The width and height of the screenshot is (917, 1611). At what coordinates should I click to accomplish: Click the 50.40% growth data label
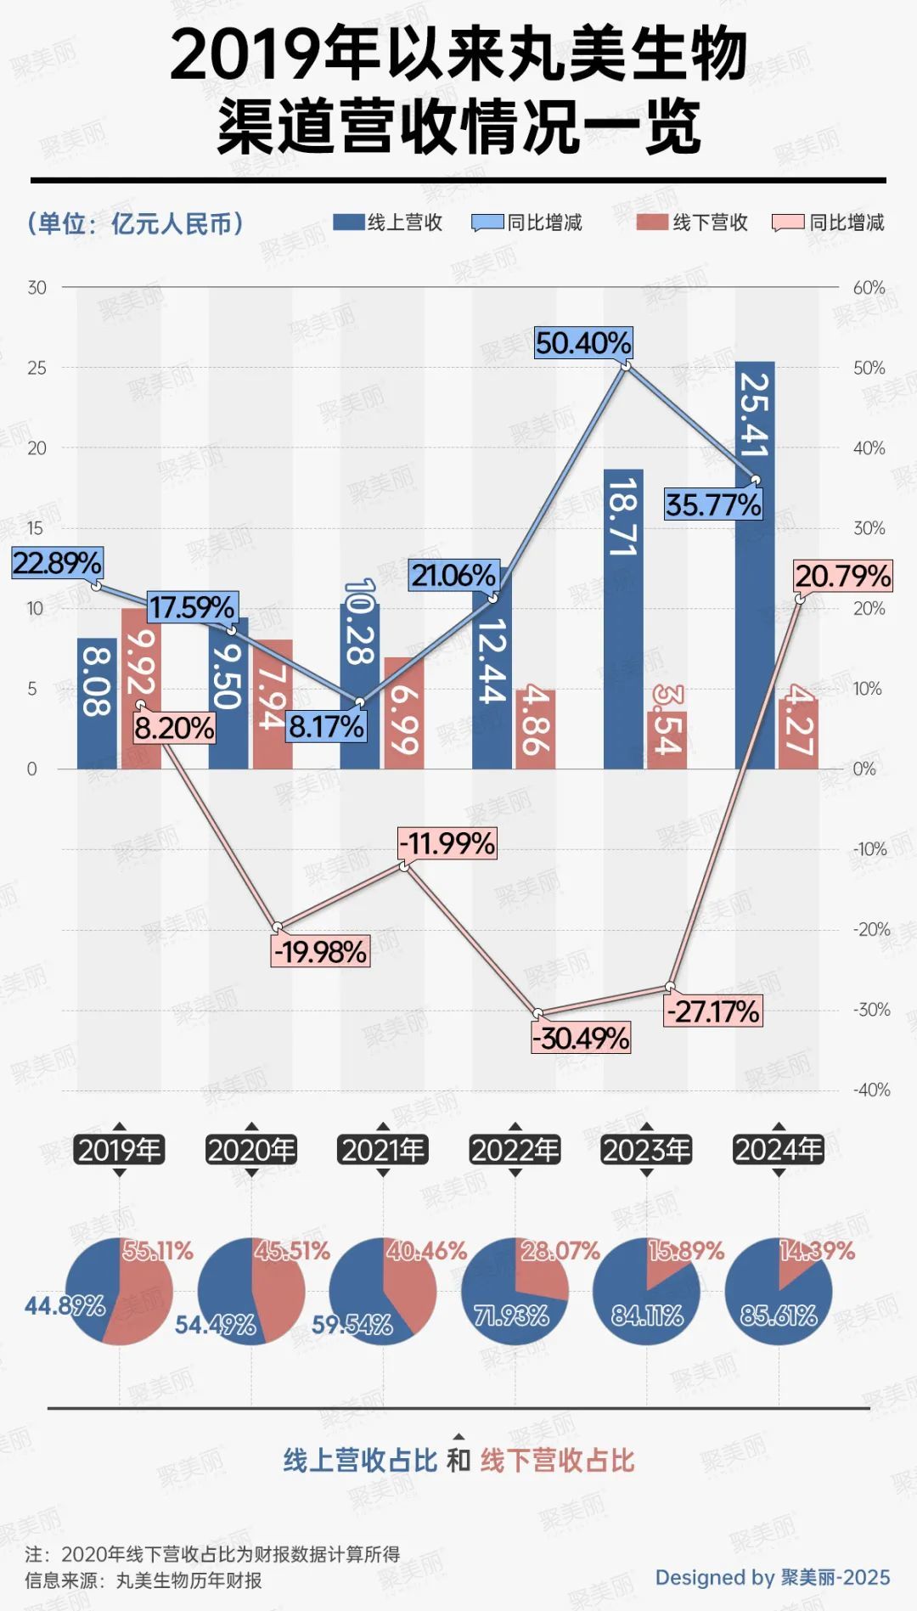(x=583, y=343)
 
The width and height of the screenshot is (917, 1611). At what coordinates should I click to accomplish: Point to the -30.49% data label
(x=582, y=1038)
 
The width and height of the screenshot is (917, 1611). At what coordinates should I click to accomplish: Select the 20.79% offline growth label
(x=843, y=577)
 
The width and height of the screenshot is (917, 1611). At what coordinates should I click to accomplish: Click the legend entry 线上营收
(x=389, y=222)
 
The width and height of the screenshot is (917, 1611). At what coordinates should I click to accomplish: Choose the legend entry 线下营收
(x=693, y=222)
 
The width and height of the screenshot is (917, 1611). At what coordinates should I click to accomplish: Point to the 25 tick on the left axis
(x=37, y=368)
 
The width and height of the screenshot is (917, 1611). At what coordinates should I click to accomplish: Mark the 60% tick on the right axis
(x=869, y=288)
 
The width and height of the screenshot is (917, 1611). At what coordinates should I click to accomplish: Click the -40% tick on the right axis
(x=871, y=1090)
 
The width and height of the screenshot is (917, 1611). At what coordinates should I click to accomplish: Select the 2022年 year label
(x=515, y=1150)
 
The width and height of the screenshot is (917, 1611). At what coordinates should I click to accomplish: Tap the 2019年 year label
(x=119, y=1150)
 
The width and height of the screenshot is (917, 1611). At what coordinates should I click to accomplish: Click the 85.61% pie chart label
(x=779, y=1315)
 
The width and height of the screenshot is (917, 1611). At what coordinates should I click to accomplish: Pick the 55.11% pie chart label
(x=158, y=1251)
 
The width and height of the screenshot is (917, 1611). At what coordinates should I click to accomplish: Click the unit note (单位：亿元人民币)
(x=136, y=223)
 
